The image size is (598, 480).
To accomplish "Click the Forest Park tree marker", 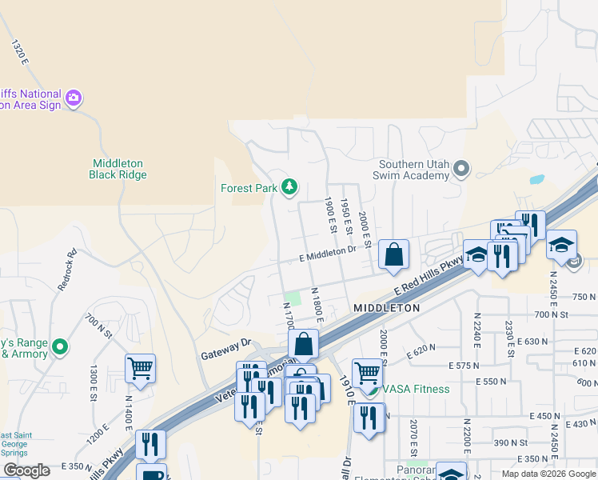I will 289,188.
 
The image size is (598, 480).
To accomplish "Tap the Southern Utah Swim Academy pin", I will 461,169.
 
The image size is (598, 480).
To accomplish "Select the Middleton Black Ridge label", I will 118,169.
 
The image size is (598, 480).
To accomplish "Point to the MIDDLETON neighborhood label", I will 386,308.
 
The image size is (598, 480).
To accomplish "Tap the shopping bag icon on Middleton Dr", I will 393,255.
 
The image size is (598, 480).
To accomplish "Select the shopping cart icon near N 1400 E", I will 140,369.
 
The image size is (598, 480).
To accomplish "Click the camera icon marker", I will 74,98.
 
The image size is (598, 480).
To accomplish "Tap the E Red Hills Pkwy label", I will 429,275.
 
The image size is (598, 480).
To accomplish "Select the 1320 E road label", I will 20,51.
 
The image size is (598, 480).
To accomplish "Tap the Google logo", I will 26,470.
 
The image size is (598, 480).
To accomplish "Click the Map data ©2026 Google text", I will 548,474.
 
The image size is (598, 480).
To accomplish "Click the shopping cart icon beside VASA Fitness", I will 367,373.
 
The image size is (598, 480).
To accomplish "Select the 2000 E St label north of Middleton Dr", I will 364,226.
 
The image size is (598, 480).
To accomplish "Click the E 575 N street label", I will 491,366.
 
